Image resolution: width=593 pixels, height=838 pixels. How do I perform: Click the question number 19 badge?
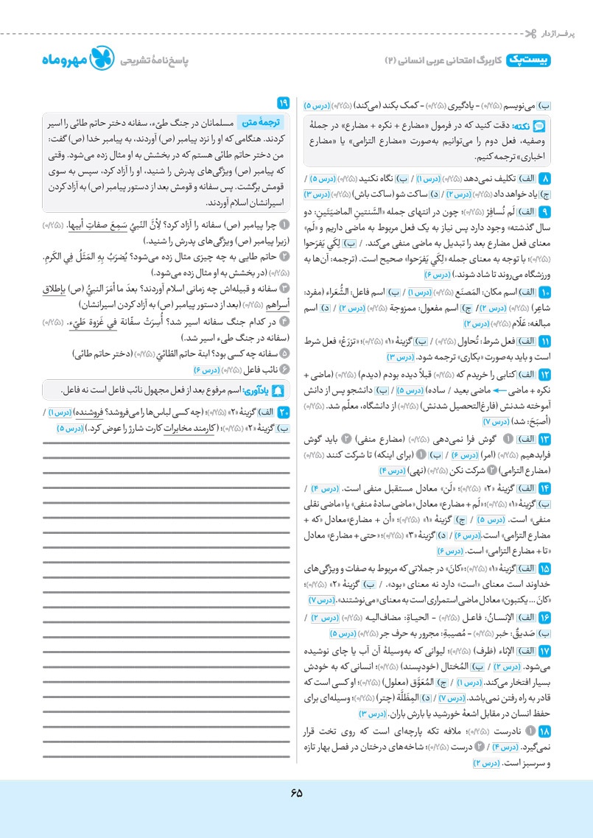(x=284, y=102)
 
